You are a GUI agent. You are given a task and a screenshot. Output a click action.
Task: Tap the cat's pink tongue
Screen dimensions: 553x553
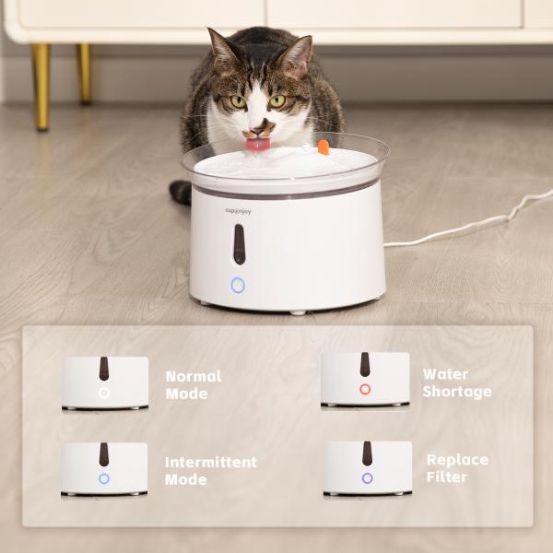(257, 144)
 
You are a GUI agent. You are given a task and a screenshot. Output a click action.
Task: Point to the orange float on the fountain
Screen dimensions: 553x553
(323, 147)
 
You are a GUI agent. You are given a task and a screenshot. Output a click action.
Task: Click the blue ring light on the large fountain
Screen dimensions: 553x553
(238, 286)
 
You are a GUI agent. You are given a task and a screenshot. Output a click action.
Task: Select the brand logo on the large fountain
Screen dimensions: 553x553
(239, 211)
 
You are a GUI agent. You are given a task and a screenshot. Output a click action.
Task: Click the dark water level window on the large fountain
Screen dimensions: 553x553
(239, 244)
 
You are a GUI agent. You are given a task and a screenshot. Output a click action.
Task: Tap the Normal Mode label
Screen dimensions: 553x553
(193, 384)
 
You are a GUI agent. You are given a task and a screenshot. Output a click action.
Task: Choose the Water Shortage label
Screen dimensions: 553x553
(457, 382)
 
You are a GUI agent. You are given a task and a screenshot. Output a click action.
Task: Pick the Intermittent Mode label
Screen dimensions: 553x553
(211, 470)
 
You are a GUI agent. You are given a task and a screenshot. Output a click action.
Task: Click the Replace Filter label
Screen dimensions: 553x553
(457, 468)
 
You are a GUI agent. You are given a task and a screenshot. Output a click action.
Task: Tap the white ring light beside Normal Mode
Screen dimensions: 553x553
(104, 393)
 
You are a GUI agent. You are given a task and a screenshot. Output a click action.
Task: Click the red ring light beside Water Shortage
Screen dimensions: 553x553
(365, 390)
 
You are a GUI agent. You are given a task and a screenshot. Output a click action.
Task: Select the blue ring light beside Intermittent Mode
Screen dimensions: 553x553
(104, 479)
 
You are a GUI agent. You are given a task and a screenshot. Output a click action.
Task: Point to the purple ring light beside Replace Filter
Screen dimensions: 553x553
(367, 478)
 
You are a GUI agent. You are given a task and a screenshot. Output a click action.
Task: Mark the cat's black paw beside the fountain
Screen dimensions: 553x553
(181, 193)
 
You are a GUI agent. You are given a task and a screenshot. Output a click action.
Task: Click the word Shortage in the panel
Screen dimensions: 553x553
(457, 392)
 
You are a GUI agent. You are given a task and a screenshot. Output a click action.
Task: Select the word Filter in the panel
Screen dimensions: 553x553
(447, 477)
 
